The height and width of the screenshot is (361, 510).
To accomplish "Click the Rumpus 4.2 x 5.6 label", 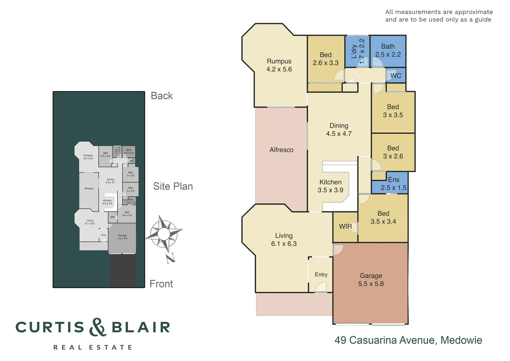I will (279, 65).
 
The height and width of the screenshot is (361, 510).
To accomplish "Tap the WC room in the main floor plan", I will (396, 76).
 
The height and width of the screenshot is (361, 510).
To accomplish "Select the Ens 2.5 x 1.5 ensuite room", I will (394, 184).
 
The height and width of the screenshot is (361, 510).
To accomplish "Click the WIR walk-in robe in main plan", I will (345, 226).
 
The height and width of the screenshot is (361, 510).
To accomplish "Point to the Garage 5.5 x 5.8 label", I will (371, 280).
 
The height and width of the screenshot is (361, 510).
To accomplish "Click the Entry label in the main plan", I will (321, 274).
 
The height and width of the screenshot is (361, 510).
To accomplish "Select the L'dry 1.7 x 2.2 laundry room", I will (357, 51).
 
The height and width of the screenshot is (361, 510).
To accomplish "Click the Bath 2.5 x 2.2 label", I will (388, 50).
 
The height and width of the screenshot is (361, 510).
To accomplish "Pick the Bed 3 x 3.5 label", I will (393, 111).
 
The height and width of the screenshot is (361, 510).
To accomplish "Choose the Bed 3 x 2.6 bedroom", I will (393, 152).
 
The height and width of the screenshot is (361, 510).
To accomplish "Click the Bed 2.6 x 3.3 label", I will (325, 59).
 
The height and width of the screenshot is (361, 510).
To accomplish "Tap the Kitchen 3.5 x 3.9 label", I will (330, 186).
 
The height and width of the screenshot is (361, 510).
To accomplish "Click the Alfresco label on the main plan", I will (281, 150).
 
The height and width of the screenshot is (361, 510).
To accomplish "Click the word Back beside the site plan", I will (162, 96).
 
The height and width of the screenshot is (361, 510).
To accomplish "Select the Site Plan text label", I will (173, 187).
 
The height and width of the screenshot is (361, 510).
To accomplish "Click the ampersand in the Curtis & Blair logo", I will (97, 327).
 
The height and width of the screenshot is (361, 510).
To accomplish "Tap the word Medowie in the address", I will (461, 340).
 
